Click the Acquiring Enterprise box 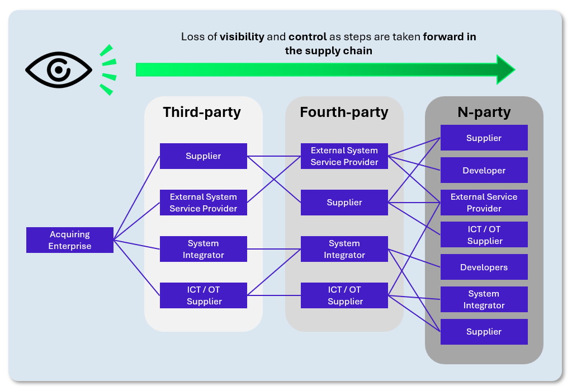70,240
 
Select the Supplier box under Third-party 204,156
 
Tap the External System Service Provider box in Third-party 204,203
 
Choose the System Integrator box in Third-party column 204,249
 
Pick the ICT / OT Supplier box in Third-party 204,295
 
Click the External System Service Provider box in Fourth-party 344,156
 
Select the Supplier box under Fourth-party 344,203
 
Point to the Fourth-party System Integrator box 344,249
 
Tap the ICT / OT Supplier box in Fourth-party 344,295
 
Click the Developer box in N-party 484,170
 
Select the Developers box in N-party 484,267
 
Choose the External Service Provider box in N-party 484,203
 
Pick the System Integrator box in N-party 484,299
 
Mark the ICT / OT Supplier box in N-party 484,235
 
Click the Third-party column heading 202,112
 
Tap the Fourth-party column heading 344,112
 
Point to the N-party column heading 484,112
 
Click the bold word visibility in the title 242,37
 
